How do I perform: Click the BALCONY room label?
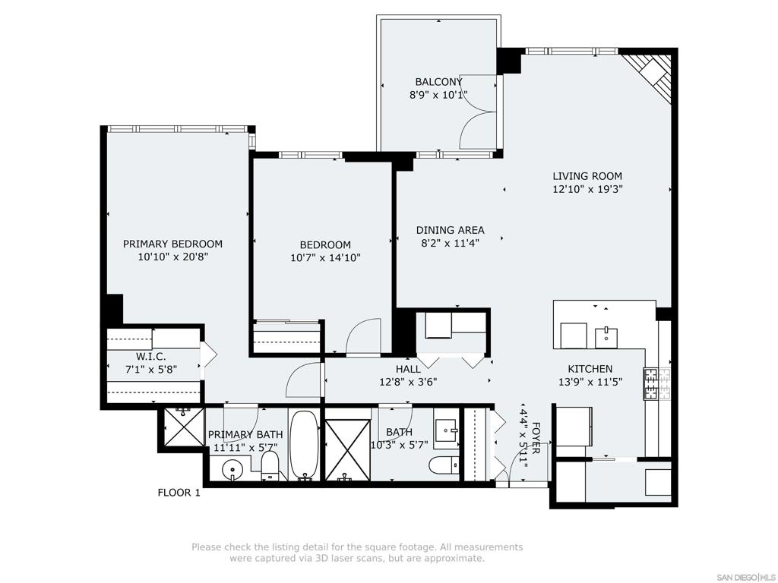pos(438,82)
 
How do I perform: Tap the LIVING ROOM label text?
pos(587,176)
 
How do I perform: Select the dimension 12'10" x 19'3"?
pos(587,189)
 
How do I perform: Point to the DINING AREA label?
pos(450,230)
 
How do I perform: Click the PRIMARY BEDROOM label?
pos(172,244)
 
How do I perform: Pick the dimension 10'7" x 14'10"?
pos(325,258)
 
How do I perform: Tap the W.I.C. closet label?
pos(151,357)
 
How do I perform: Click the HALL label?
pos(408,369)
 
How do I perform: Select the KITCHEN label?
pos(590,369)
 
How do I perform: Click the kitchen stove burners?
pos(657,383)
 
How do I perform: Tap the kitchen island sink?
pos(606,337)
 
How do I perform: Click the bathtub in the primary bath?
pos(304,445)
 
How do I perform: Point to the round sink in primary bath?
pos(231,469)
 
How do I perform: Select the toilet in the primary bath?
pos(270,466)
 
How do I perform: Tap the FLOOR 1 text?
pos(179,493)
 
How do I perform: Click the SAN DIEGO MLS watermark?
pos(748,578)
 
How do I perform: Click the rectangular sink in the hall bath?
pos(445,427)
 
